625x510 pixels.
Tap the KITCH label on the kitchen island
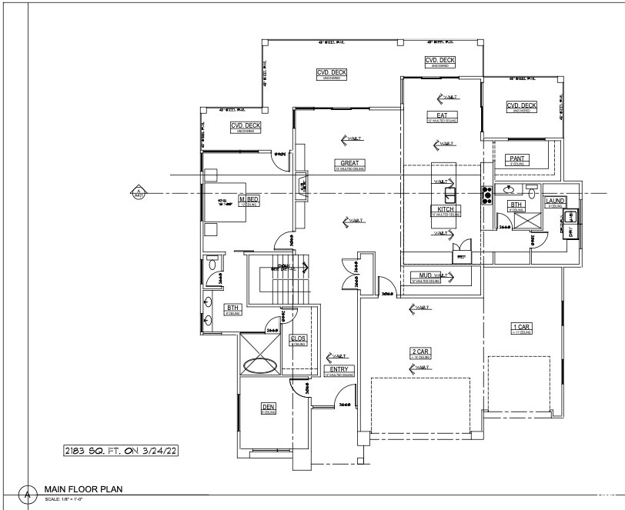pyautogui.click(x=444, y=208)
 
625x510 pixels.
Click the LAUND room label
pyautogui.click(x=554, y=201)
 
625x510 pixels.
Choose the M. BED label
pyautogui.click(x=249, y=199)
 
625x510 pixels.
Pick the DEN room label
pyautogui.click(x=269, y=407)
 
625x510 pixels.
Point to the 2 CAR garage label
pyautogui.click(x=419, y=352)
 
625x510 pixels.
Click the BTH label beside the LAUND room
pyautogui.click(x=516, y=204)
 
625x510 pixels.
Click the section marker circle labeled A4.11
pyautogui.click(x=139, y=192)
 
